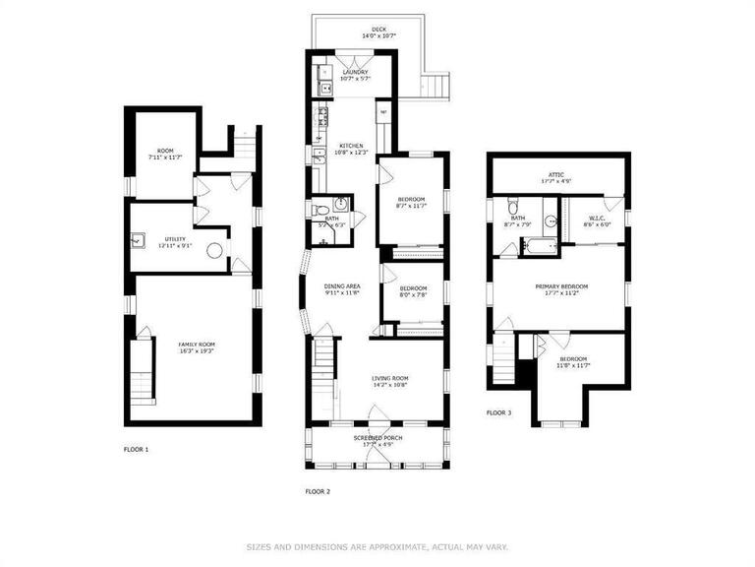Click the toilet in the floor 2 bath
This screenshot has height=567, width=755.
pos(320,210)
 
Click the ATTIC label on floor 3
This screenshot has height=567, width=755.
pos(556,177)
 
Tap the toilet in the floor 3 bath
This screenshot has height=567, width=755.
pos(511,208)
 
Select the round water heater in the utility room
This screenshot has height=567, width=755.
pos(214,250)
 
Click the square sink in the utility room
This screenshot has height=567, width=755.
pos(139,239)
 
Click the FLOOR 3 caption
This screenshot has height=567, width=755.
pos(498,413)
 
